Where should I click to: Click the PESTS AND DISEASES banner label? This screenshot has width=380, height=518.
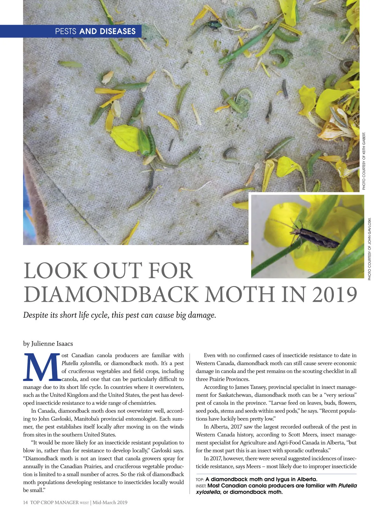(x=95, y=31)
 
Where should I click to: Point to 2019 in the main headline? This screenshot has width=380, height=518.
(x=334, y=295)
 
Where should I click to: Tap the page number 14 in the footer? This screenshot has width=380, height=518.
(x=25, y=502)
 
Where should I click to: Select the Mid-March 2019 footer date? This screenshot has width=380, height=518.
(x=110, y=502)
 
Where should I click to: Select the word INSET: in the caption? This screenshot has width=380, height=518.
(x=201, y=486)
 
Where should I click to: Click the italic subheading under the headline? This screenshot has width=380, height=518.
(x=119, y=315)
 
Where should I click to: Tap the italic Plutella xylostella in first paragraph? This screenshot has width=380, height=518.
(x=81, y=363)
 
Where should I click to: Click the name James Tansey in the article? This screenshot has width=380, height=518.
(x=250, y=387)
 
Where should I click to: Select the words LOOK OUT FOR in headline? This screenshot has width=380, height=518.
(x=108, y=271)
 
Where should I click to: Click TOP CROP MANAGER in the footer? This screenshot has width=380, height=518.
(x=54, y=502)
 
